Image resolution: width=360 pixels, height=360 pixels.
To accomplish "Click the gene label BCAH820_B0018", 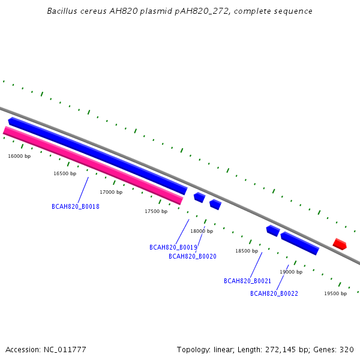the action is tap(76, 206).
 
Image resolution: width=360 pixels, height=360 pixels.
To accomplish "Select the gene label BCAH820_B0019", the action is tap(173, 247).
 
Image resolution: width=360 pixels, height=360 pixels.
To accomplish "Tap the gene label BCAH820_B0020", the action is tap(193, 256).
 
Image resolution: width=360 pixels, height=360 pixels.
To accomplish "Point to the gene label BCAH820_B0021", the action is tap(247, 281).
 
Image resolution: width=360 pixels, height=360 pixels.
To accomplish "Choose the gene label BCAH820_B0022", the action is tap(274, 293).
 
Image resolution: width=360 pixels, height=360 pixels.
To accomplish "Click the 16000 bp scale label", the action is tap(19, 156).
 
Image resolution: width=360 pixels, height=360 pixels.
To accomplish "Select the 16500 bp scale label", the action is tap(65, 173).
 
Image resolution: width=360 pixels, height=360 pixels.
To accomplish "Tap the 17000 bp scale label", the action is tap(111, 192).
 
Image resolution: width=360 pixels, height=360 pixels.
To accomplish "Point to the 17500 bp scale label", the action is tap(156, 211).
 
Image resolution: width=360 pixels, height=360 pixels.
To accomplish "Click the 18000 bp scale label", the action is tap(202, 231).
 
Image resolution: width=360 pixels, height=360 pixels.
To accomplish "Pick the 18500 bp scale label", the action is tap(247, 251).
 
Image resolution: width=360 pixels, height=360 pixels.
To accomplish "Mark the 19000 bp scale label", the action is tap(291, 272).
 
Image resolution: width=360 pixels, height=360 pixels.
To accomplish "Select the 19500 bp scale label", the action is tap(335, 293).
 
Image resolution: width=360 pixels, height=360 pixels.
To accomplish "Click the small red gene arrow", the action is tap(340, 244).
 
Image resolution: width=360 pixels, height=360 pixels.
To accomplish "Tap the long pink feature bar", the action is tap(93, 166).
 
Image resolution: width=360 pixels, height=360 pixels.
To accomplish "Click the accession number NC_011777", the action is tap(65, 350).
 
